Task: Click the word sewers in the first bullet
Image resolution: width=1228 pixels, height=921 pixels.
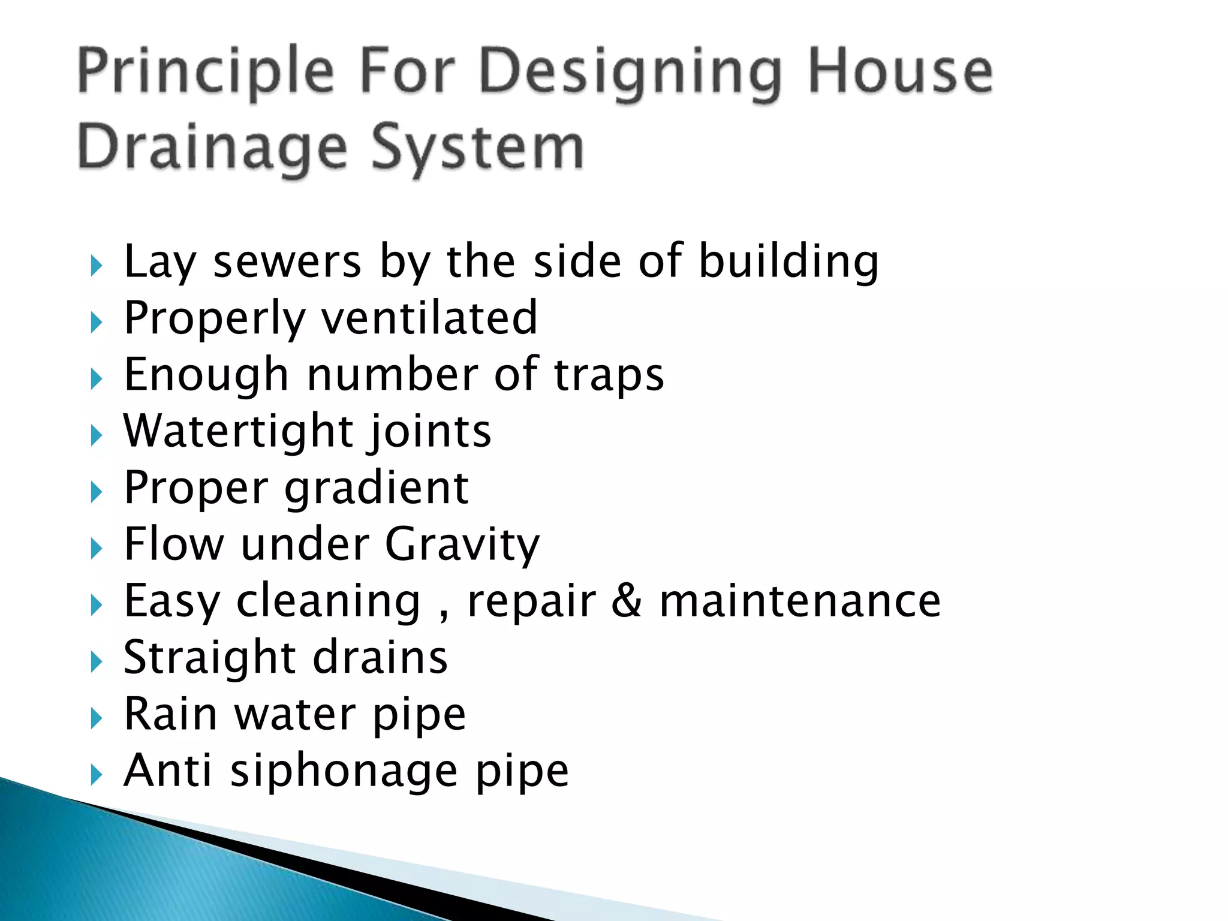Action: [x=287, y=262]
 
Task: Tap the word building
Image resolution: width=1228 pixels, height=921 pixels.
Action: [x=788, y=262]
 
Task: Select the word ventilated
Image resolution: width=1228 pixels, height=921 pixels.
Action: [x=430, y=318]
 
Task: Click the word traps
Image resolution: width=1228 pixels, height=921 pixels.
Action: [x=609, y=375]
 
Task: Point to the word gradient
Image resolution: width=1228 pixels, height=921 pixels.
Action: [x=376, y=488]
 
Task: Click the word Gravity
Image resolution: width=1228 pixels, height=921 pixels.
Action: [x=462, y=544]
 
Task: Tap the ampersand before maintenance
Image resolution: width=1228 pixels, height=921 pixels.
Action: [x=627, y=601]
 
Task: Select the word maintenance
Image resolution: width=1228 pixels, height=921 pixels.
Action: [x=800, y=601]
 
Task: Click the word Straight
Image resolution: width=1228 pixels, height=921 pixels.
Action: [x=209, y=658]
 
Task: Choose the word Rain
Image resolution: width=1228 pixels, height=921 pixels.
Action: [x=170, y=714]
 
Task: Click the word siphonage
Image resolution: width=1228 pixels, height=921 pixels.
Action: [x=344, y=771]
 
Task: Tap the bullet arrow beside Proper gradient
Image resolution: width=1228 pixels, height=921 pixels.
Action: [x=97, y=492]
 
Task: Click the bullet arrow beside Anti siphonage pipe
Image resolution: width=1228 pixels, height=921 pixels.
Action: [x=97, y=775]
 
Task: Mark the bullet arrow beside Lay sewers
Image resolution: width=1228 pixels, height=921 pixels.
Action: [x=97, y=266]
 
